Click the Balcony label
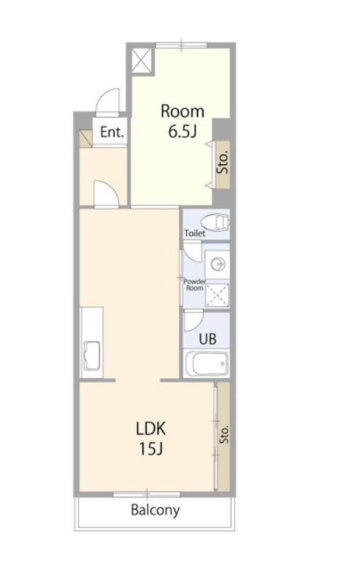coord(155,510)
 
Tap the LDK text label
coord(150,429)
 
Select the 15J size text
coord(150,449)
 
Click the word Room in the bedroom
coord(182,111)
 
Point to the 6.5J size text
coord(182,131)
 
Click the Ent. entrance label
coord(112,132)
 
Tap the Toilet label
coord(195,233)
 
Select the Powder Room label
coord(195,284)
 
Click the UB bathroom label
coord(207,339)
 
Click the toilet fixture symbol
coord(215,222)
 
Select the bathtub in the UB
coord(207,364)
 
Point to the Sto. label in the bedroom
coord(224,162)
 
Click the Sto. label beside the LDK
coord(225,434)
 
